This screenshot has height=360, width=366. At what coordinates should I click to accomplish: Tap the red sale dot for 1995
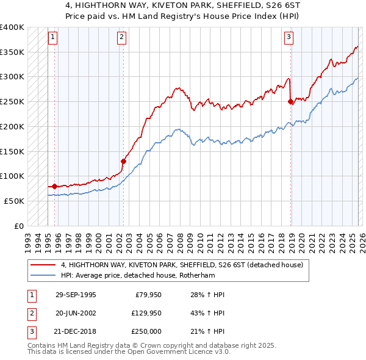tap(55, 186)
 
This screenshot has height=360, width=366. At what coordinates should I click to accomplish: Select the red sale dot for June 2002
tap(123, 161)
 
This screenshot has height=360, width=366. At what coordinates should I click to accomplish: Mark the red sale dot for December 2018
tap(290, 102)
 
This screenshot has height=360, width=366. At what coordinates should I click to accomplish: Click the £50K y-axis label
tap(14, 201)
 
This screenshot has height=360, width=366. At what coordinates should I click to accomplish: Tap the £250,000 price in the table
tap(148, 331)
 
